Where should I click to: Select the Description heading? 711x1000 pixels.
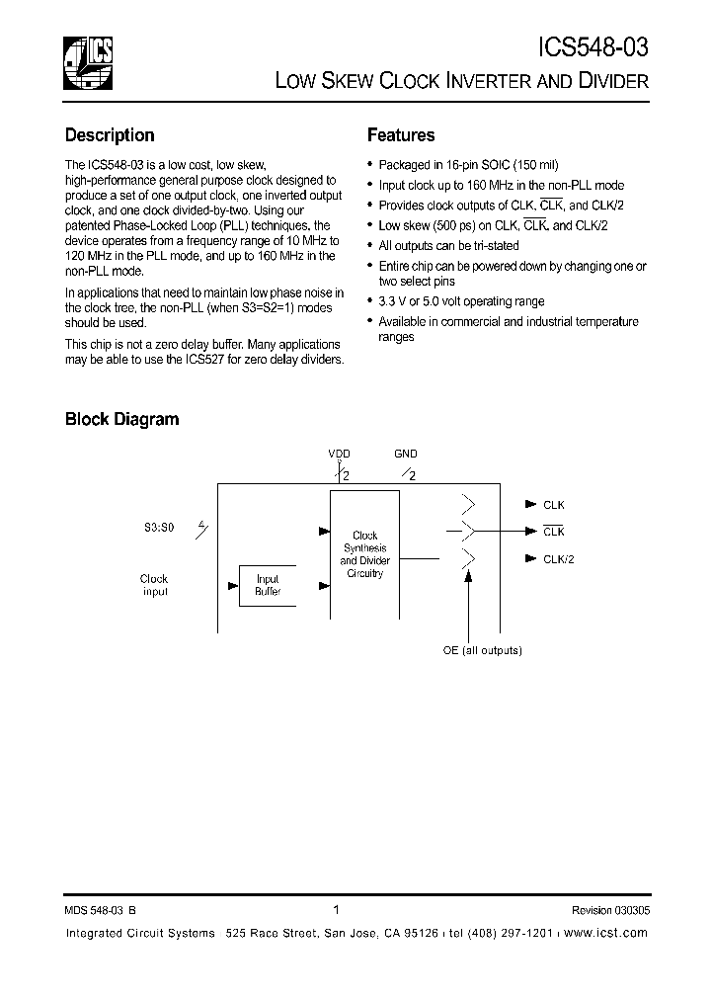110,135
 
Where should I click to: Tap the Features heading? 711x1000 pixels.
401,135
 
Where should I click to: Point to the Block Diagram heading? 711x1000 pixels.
121,419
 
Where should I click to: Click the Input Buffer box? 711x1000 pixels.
268,585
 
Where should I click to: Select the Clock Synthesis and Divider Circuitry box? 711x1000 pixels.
364,554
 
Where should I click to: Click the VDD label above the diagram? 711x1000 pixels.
339,454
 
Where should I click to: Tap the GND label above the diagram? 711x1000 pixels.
406,454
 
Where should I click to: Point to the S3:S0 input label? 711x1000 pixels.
158,529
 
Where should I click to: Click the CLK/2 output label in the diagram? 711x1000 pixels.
559,558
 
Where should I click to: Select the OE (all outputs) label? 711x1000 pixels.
482,650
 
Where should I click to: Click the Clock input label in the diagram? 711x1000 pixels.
154,585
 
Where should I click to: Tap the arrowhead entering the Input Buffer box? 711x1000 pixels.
233,585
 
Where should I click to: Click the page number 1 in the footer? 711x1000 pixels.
337,910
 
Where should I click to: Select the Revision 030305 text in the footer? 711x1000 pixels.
610,911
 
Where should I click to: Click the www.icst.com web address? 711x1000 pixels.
606,933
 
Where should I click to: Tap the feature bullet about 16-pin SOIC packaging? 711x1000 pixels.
468,166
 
